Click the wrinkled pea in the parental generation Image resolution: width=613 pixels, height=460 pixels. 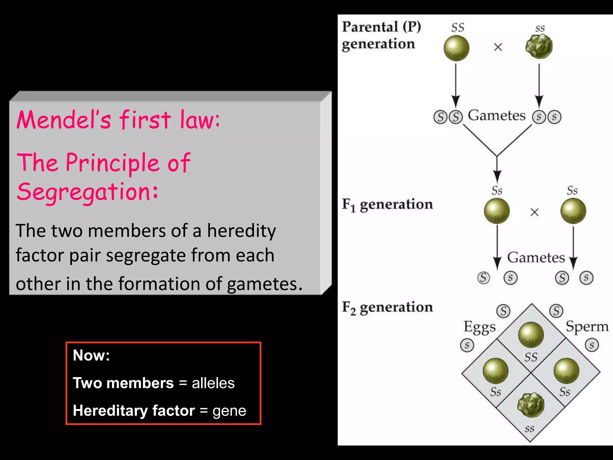pos(539,46)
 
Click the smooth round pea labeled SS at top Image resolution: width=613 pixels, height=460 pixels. pos(456,48)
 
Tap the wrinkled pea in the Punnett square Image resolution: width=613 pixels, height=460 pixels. pos(531,405)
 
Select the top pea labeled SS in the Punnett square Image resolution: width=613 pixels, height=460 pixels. pos(531,335)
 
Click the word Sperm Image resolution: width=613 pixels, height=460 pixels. pos(587,326)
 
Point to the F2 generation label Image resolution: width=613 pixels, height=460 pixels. pos(387,308)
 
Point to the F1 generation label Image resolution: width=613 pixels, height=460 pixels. pos(387,205)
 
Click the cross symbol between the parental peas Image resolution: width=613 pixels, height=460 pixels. pos(498,47)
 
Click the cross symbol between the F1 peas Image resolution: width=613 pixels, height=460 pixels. pos(534,212)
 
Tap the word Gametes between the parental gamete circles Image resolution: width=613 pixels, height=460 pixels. pos(497,115)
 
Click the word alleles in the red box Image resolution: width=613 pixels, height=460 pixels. pos(213,383)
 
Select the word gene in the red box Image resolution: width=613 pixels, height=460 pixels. pos(229,411)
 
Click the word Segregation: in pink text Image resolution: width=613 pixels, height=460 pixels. pos(87,192)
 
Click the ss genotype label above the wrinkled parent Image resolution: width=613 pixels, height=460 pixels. pos(540,28)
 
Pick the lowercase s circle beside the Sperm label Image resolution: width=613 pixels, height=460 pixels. pos(592,345)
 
